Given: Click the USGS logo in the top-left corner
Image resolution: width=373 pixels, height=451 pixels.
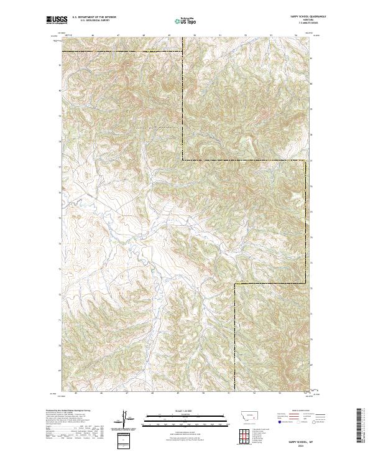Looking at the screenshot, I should point(57,20).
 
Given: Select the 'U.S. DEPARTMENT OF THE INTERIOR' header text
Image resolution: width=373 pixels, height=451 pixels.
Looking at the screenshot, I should point(94,18).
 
